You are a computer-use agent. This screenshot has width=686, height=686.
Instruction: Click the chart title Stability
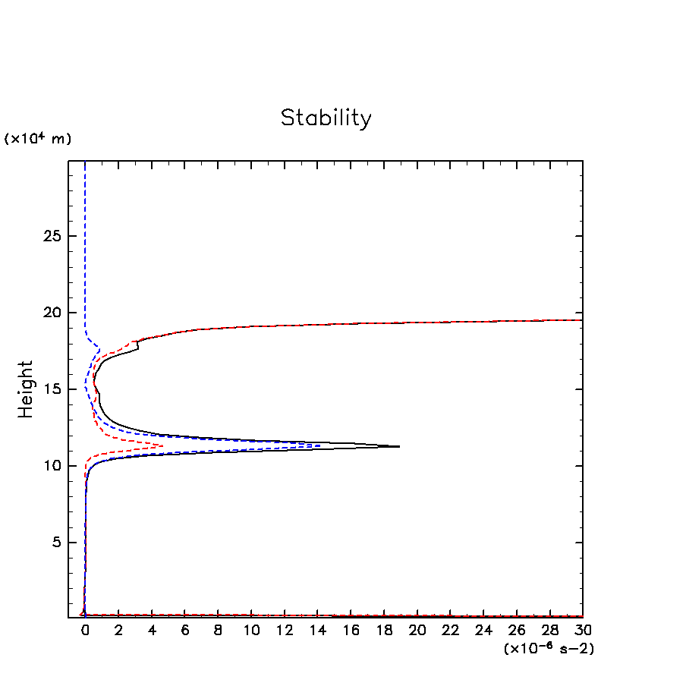326,118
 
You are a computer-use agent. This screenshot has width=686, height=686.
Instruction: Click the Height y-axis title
27,389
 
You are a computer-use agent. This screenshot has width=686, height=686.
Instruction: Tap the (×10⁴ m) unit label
38,139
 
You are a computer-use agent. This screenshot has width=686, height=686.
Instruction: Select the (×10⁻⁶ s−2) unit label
548,649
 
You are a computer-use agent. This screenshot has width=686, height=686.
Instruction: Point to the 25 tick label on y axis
52,236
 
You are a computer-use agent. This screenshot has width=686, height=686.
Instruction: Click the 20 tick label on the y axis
52,313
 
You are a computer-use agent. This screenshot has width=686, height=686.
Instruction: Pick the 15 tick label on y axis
52,389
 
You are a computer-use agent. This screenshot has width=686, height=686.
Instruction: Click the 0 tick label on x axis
85,631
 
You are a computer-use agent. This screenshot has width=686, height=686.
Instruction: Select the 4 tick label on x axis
152,631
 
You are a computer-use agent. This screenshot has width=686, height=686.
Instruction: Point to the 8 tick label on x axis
218,631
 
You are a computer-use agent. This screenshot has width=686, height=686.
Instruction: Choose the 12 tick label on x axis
285,631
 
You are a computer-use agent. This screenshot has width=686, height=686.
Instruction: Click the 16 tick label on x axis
351,631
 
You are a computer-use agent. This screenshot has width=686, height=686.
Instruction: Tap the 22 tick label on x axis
451,631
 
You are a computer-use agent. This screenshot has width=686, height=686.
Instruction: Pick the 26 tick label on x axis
517,631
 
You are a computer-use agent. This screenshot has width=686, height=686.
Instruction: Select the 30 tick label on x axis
583,631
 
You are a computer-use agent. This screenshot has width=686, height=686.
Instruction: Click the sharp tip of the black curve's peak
399,446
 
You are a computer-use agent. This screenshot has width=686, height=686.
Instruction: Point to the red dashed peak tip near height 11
163,445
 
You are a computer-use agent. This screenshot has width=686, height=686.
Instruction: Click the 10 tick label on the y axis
52,466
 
